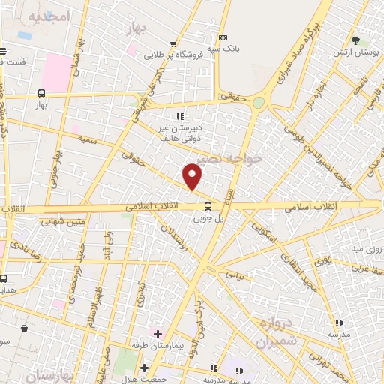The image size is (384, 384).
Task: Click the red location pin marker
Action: [x=193, y=176]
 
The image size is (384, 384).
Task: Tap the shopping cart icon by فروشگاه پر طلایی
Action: [x=173, y=44]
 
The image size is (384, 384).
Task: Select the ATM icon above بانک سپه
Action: [x=223, y=37]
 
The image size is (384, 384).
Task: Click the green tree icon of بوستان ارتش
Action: [x=355, y=41]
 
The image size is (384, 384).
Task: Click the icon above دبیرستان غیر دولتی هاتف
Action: [x=179, y=116]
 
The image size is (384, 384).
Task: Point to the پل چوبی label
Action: [x=209, y=219]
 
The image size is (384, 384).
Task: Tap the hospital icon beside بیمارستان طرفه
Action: [x=157, y=333]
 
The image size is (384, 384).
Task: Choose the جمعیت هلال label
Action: [x=168, y=368]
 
